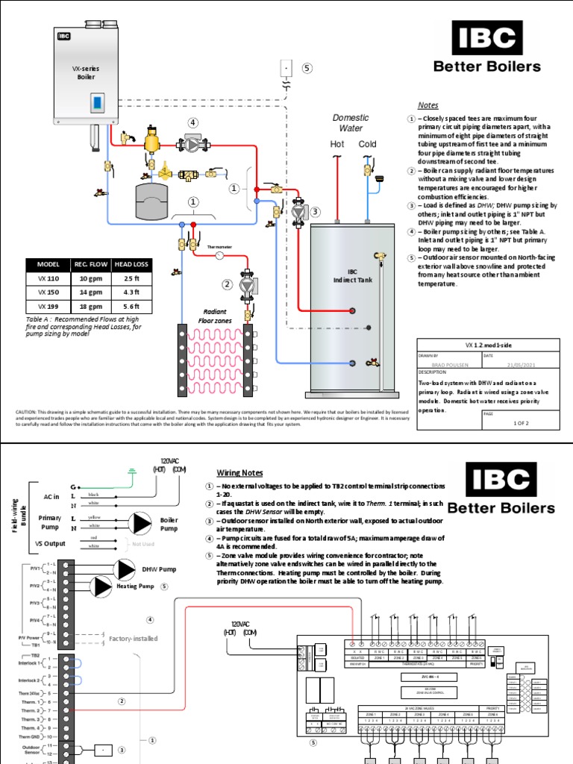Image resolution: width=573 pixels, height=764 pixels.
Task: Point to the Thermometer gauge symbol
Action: (x=219, y=255)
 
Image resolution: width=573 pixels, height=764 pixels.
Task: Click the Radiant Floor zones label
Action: (x=214, y=317)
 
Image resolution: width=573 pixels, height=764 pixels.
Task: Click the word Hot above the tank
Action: (x=337, y=144)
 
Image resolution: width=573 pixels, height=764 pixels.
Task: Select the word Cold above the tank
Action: (x=368, y=144)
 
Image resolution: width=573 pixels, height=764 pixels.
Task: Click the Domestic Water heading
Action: (x=351, y=123)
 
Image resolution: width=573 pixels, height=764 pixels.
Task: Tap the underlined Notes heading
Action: (x=428, y=105)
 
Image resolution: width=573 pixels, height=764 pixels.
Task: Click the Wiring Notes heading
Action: (x=239, y=473)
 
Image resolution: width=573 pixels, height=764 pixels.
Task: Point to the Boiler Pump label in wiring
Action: (x=169, y=522)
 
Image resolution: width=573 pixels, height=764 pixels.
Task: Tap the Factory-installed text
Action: (x=134, y=638)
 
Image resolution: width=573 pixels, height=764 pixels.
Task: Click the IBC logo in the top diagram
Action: (x=486, y=38)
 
